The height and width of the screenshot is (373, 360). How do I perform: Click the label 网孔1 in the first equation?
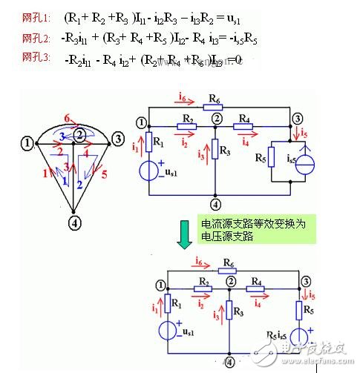tap(17, 16)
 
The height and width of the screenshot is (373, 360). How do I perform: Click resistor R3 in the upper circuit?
tap(215, 152)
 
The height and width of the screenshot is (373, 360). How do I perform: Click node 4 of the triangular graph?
tap(73, 221)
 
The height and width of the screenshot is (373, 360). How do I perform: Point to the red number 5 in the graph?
tap(102, 175)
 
